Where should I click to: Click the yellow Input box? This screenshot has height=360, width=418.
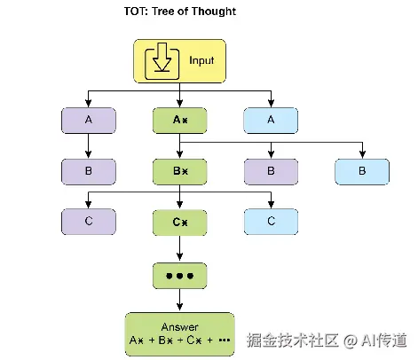pyautogui.click(x=179, y=61)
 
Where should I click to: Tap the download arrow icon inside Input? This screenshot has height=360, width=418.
pyautogui.click(x=162, y=61)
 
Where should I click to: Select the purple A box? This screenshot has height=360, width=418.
pyautogui.click(x=89, y=121)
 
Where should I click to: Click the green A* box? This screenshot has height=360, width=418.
pyautogui.click(x=179, y=121)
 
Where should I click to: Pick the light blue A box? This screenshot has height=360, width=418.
pyautogui.click(x=271, y=121)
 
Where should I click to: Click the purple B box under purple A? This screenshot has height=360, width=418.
pyautogui.click(x=89, y=172)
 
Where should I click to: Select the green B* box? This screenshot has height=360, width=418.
pyautogui.click(x=179, y=172)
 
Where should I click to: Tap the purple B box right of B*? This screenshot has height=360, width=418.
pyautogui.click(x=271, y=172)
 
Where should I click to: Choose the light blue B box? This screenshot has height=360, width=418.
pyautogui.click(x=362, y=172)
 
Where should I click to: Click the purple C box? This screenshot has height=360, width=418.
pyautogui.click(x=89, y=222)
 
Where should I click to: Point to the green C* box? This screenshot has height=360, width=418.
pyautogui.click(x=179, y=223)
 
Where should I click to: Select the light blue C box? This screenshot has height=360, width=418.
pyautogui.click(x=271, y=222)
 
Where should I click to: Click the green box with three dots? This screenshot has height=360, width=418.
pyautogui.click(x=179, y=276)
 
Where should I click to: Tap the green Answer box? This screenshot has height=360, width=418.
pyautogui.click(x=179, y=334)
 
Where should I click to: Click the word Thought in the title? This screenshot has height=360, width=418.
pyautogui.click(x=214, y=12)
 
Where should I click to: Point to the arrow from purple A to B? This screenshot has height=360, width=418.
pyautogui.click(x=88, y=146)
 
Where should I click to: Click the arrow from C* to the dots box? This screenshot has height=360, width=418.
pyautogui.click(x=179, y=248)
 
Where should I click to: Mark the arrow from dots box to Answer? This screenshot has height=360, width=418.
pyautogui.click(x=179, y=300)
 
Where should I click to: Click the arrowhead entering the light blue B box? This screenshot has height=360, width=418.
pyautogui.click(x=362, y=154)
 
